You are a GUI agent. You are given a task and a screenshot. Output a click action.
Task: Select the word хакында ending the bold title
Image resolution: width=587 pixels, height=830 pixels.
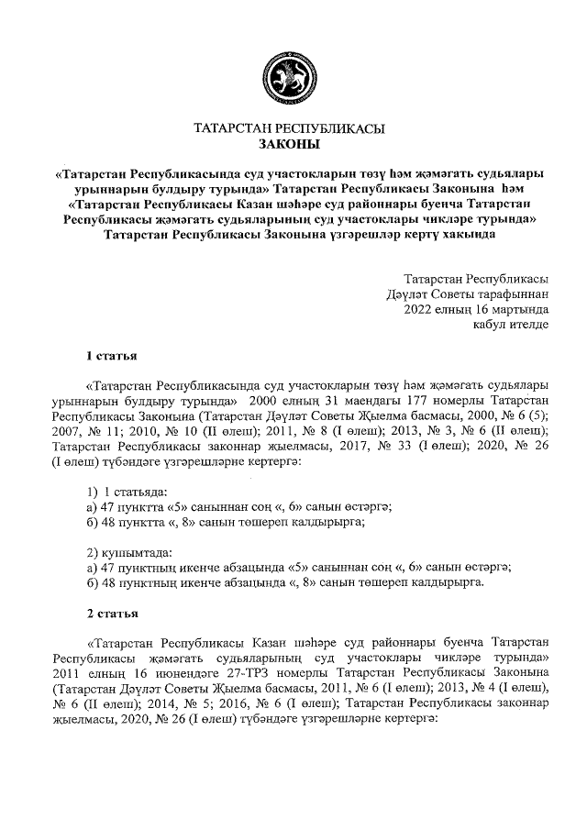(471, 234)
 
